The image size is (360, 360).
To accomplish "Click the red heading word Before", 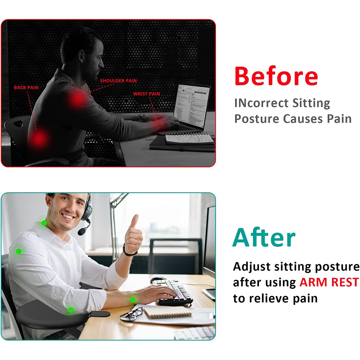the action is (x=276, y=76).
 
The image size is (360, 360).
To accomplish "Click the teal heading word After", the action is (x=264, y=237).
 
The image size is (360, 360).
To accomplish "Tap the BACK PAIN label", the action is (x=26, y=87).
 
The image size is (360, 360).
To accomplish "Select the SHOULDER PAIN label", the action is (x=118, y=81).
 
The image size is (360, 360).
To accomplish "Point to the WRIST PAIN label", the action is (x=147, y=94).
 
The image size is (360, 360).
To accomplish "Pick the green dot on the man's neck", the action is (x=44, y=223).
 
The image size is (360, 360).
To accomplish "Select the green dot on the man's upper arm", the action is (x=19, y=251).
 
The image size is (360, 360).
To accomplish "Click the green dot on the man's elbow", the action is (x=71, y=310).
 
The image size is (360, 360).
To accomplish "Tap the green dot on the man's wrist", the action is (x=133, y=300).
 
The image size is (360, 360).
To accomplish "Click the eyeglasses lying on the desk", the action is (x=132, y=314).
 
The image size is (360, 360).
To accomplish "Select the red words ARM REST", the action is (x=329, y=282).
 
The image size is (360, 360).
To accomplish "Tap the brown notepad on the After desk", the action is (x=168, y=312).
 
